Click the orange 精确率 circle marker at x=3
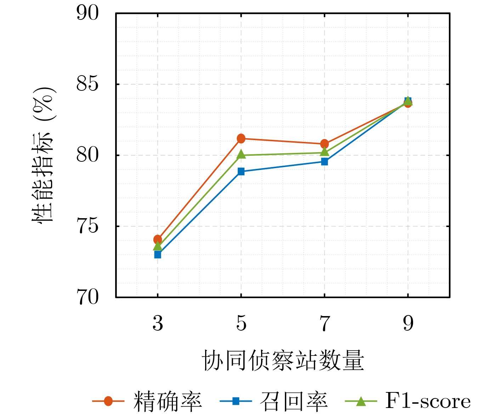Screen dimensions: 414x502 click(158, 239)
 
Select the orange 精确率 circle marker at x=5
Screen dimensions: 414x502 click(241, 138)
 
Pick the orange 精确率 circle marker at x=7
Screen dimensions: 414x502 click(325, 144)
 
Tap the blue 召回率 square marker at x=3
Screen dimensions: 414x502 click(158, 255)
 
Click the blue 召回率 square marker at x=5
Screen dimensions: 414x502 click(241, 172)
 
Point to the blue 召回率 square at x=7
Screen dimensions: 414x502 click(325, 162)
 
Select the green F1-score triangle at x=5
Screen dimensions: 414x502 click(241, 154)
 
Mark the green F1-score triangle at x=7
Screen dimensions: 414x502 click(325, 152)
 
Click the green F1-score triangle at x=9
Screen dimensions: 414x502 click(408, 101)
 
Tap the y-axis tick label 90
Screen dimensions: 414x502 click(87, 13)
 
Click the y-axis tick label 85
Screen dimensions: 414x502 click(87, 84)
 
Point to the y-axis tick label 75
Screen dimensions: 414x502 click(87, 226)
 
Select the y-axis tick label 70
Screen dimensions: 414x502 click(87, 297)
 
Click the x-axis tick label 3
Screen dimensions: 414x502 click(158, 323)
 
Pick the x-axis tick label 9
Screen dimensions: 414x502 click(408, 323)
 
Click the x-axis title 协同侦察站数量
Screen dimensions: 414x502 click(283, 360)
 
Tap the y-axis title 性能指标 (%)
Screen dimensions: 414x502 click(44, 155)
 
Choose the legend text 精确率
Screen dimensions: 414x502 click(168, 401)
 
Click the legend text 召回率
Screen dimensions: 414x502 click(294, 401)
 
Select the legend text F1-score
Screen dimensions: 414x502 click(428, 401)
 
